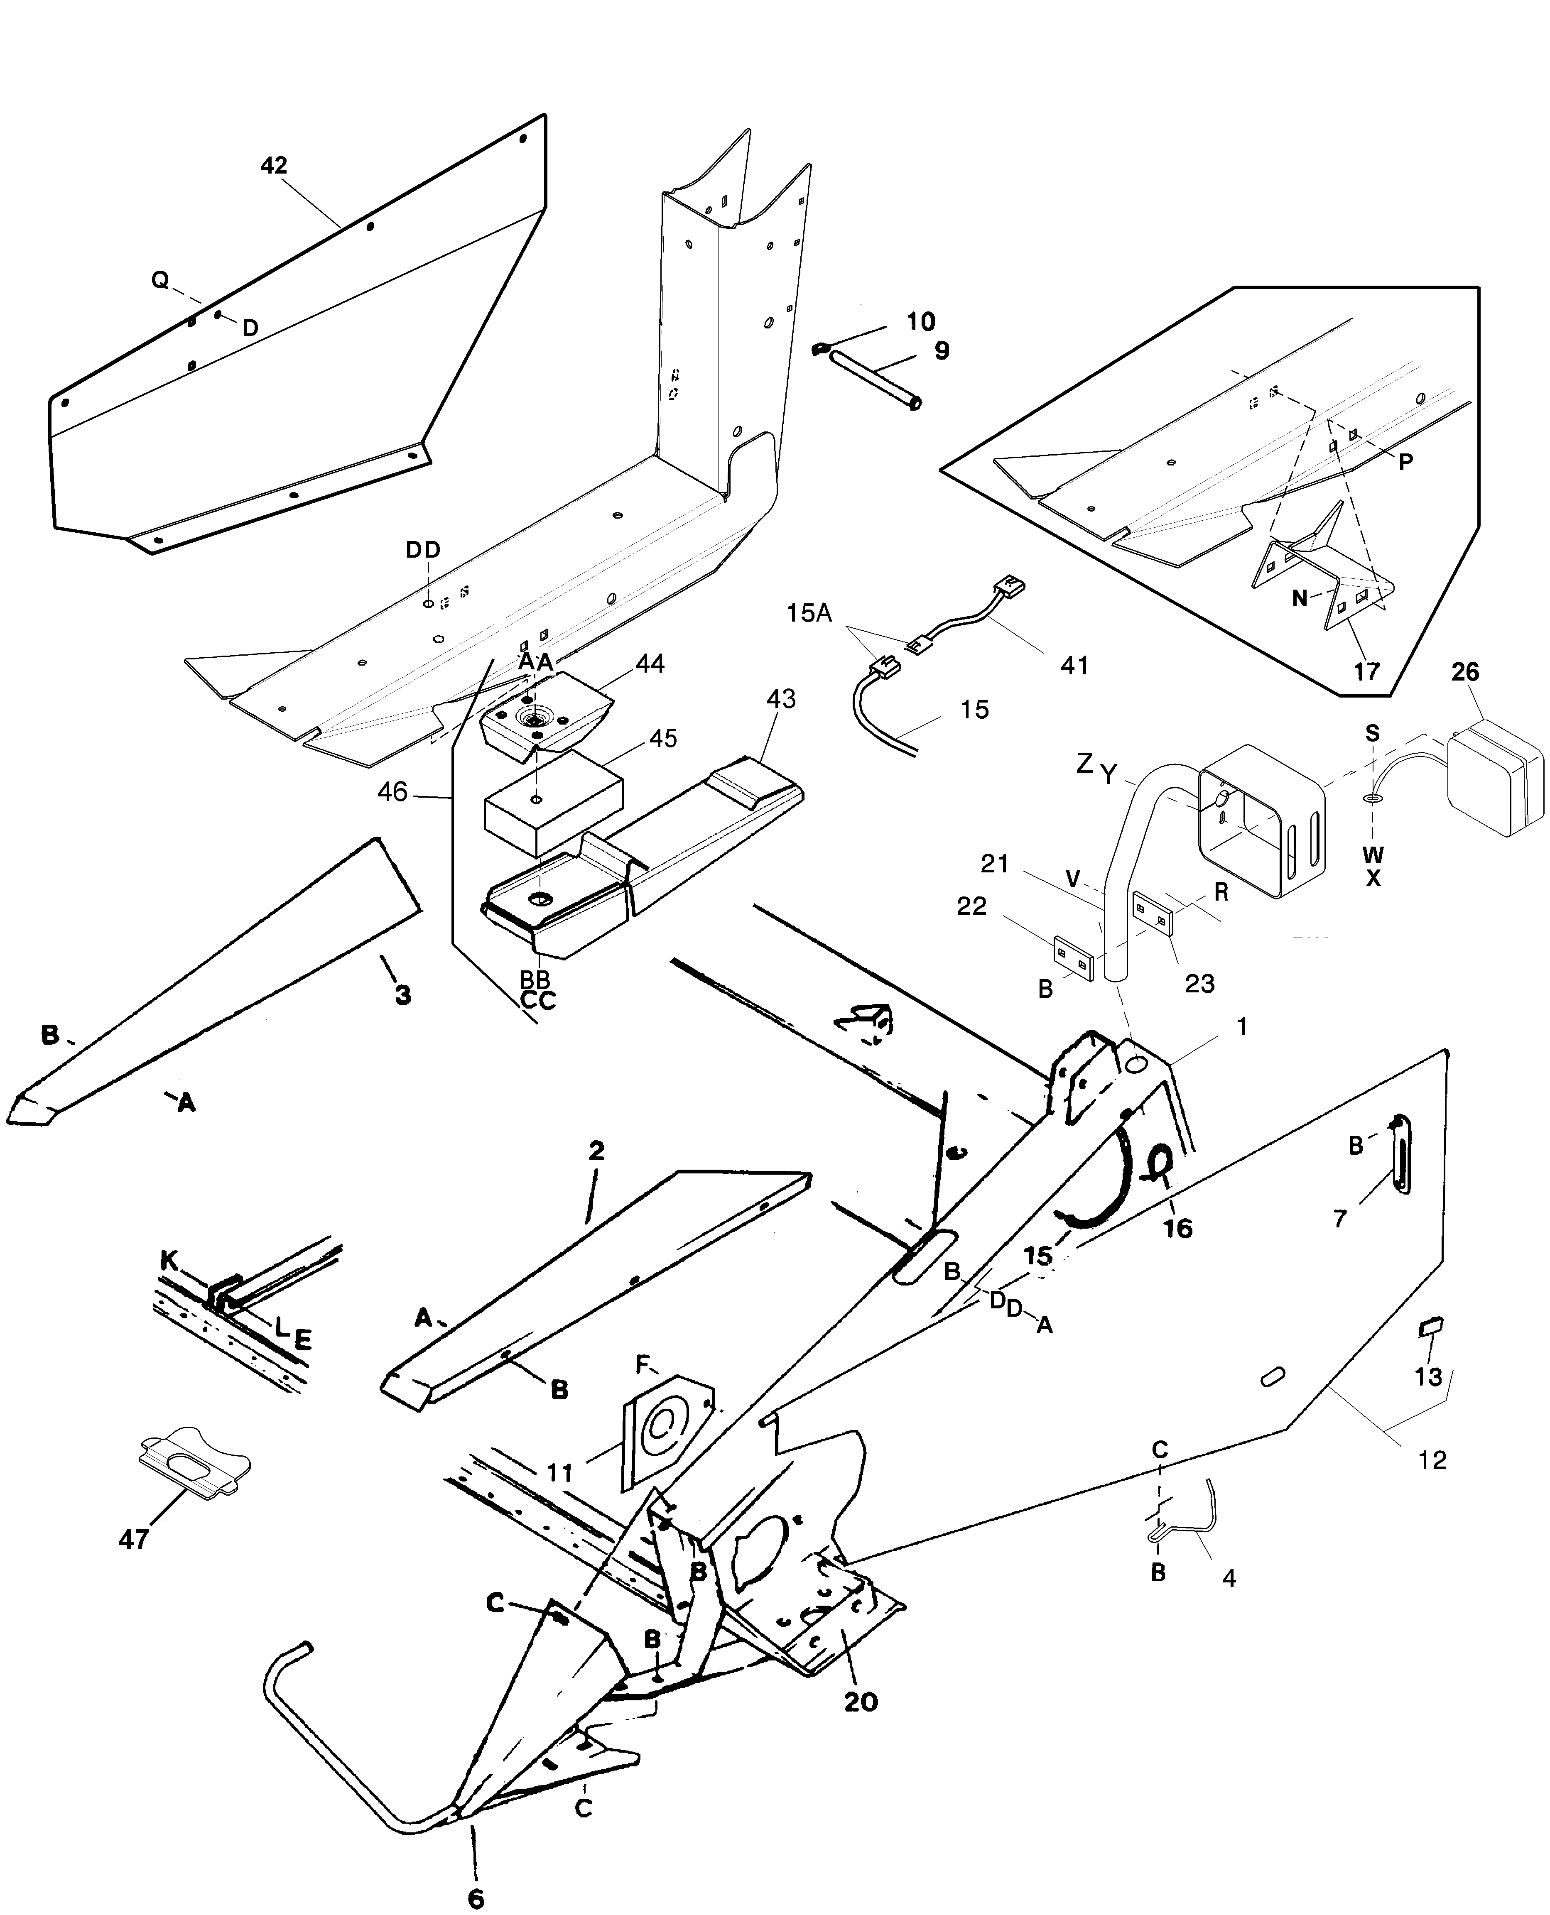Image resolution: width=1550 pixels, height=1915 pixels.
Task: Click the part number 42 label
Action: tap(274, 165)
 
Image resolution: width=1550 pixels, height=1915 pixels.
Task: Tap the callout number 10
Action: tap(920, 321)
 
